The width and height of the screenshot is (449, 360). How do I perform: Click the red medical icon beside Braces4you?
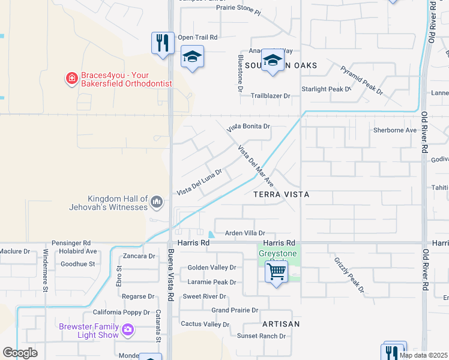[71, 78]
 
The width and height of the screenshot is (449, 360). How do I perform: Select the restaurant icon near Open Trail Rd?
[162, 43]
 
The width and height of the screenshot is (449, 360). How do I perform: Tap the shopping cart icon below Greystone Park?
[276, 272]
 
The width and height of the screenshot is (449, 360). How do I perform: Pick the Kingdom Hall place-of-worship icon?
[156, 202]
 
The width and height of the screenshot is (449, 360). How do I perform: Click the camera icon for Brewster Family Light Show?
[127, 329]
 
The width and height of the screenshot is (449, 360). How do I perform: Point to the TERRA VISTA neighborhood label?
[281, 195]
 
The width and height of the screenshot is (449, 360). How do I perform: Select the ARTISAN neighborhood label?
[280, 323]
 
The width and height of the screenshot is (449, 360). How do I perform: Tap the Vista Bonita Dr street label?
[249, 127]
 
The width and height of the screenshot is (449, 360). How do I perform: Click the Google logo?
[20, 353]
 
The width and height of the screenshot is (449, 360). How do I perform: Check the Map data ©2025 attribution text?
[423, 355]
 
